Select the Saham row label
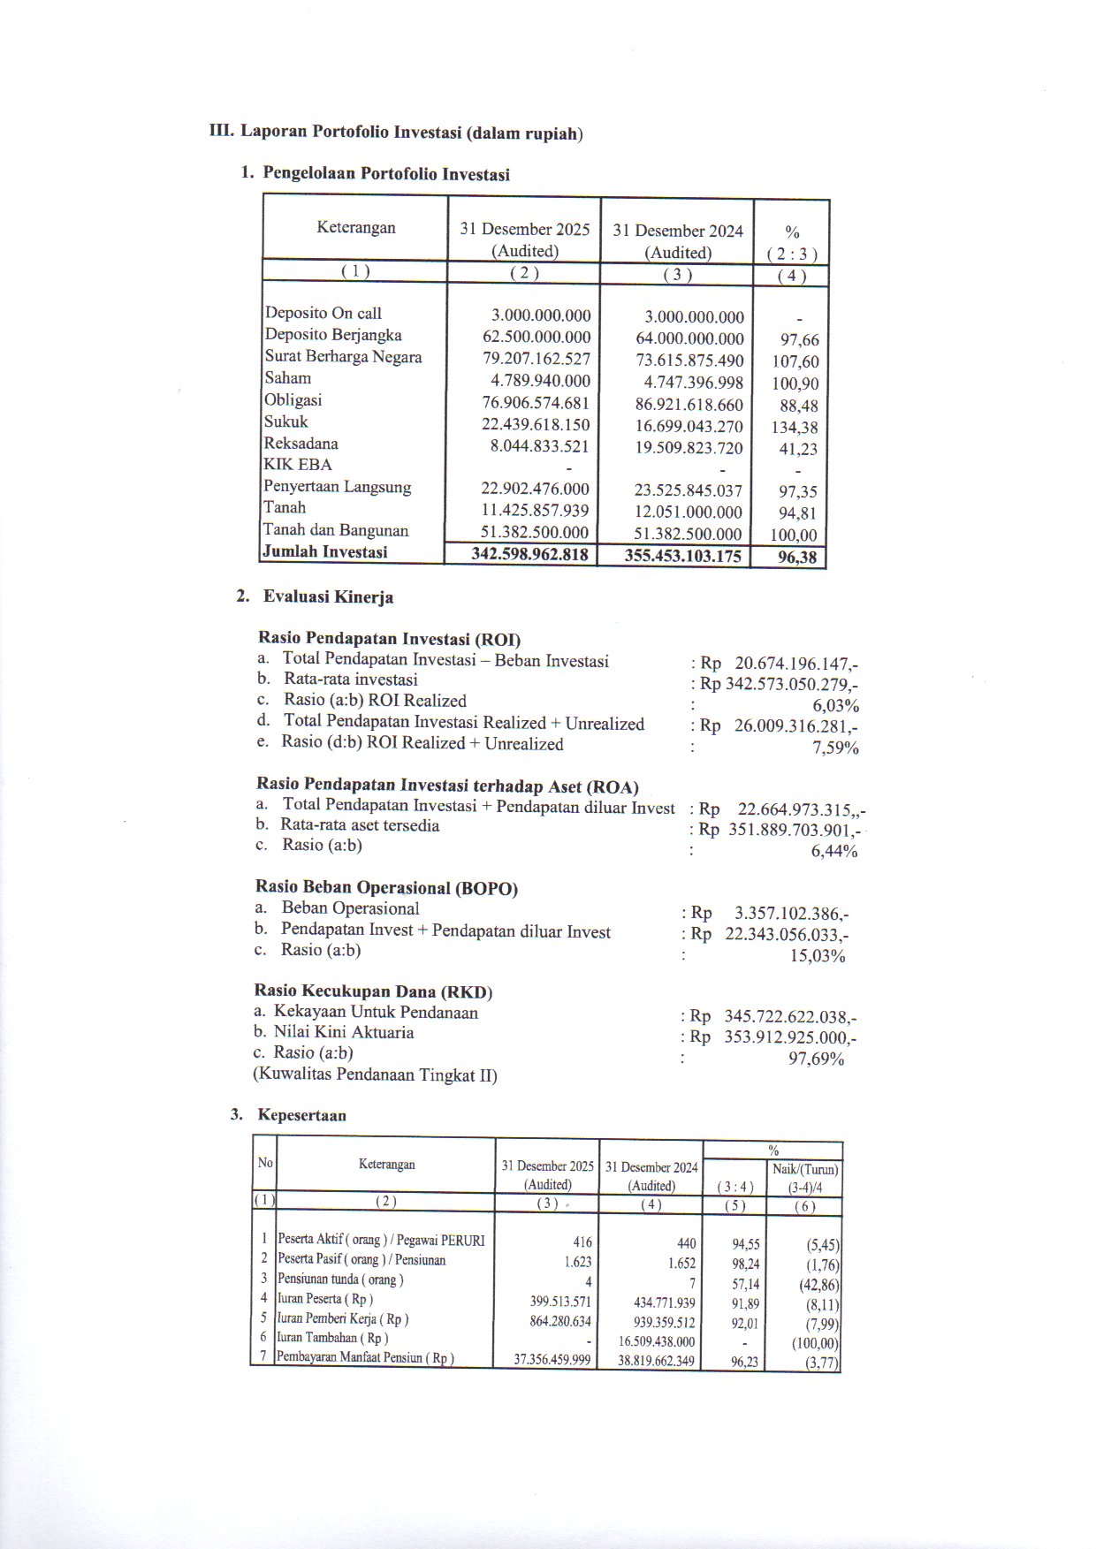pos(288,378)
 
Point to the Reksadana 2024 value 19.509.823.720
pos(689,448)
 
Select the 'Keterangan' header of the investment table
pos(356,228)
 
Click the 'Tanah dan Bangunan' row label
pos(336,530)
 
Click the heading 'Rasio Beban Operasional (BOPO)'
pos(386,888)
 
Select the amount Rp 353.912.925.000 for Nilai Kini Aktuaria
pos(789,1037)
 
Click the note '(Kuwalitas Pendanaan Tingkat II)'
pos(376,1075)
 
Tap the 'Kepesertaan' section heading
pos(302,1115)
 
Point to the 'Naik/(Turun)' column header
pos(805,1170)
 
